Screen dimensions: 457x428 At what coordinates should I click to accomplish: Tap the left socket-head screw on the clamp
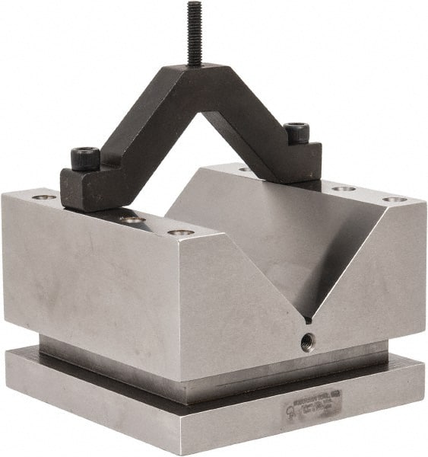85,158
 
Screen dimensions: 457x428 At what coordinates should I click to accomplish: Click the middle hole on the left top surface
133,220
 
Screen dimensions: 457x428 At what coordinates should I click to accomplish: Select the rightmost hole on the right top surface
394,200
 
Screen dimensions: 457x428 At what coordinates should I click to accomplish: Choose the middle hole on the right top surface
344,188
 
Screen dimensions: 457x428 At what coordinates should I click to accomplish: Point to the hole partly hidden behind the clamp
243,169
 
